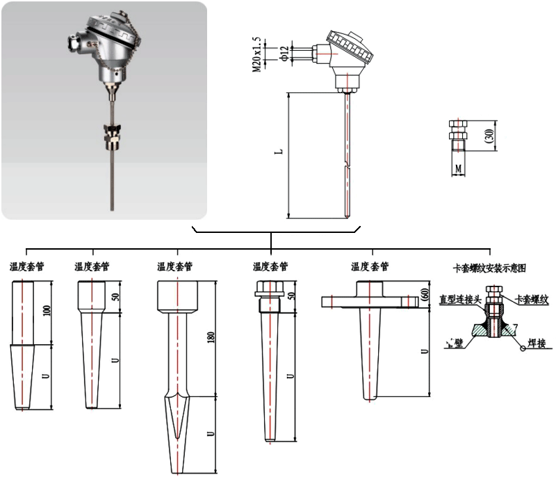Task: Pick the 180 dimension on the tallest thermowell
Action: [x=209, y=337]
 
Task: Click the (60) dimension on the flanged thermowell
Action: [x=423, y=295]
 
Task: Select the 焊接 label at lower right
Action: [x=537, y=343]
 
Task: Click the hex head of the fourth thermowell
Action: [x=268, y=287]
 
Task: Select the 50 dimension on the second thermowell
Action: [x=117, y=296]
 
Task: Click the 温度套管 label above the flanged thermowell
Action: [x=370, y=267]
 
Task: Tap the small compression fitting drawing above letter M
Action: [x=457, y=136]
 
